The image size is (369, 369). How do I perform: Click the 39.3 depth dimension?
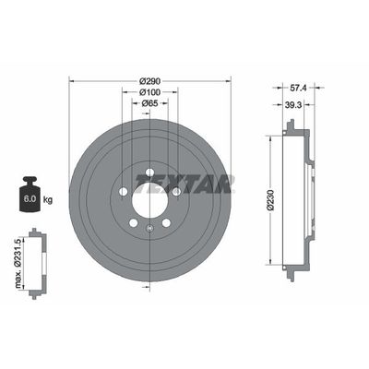pos(292,105)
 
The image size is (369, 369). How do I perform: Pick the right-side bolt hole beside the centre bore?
pos(175,191)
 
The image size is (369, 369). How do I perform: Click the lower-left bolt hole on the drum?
pos(133,222)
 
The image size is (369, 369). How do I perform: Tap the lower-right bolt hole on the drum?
pos(165,222)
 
